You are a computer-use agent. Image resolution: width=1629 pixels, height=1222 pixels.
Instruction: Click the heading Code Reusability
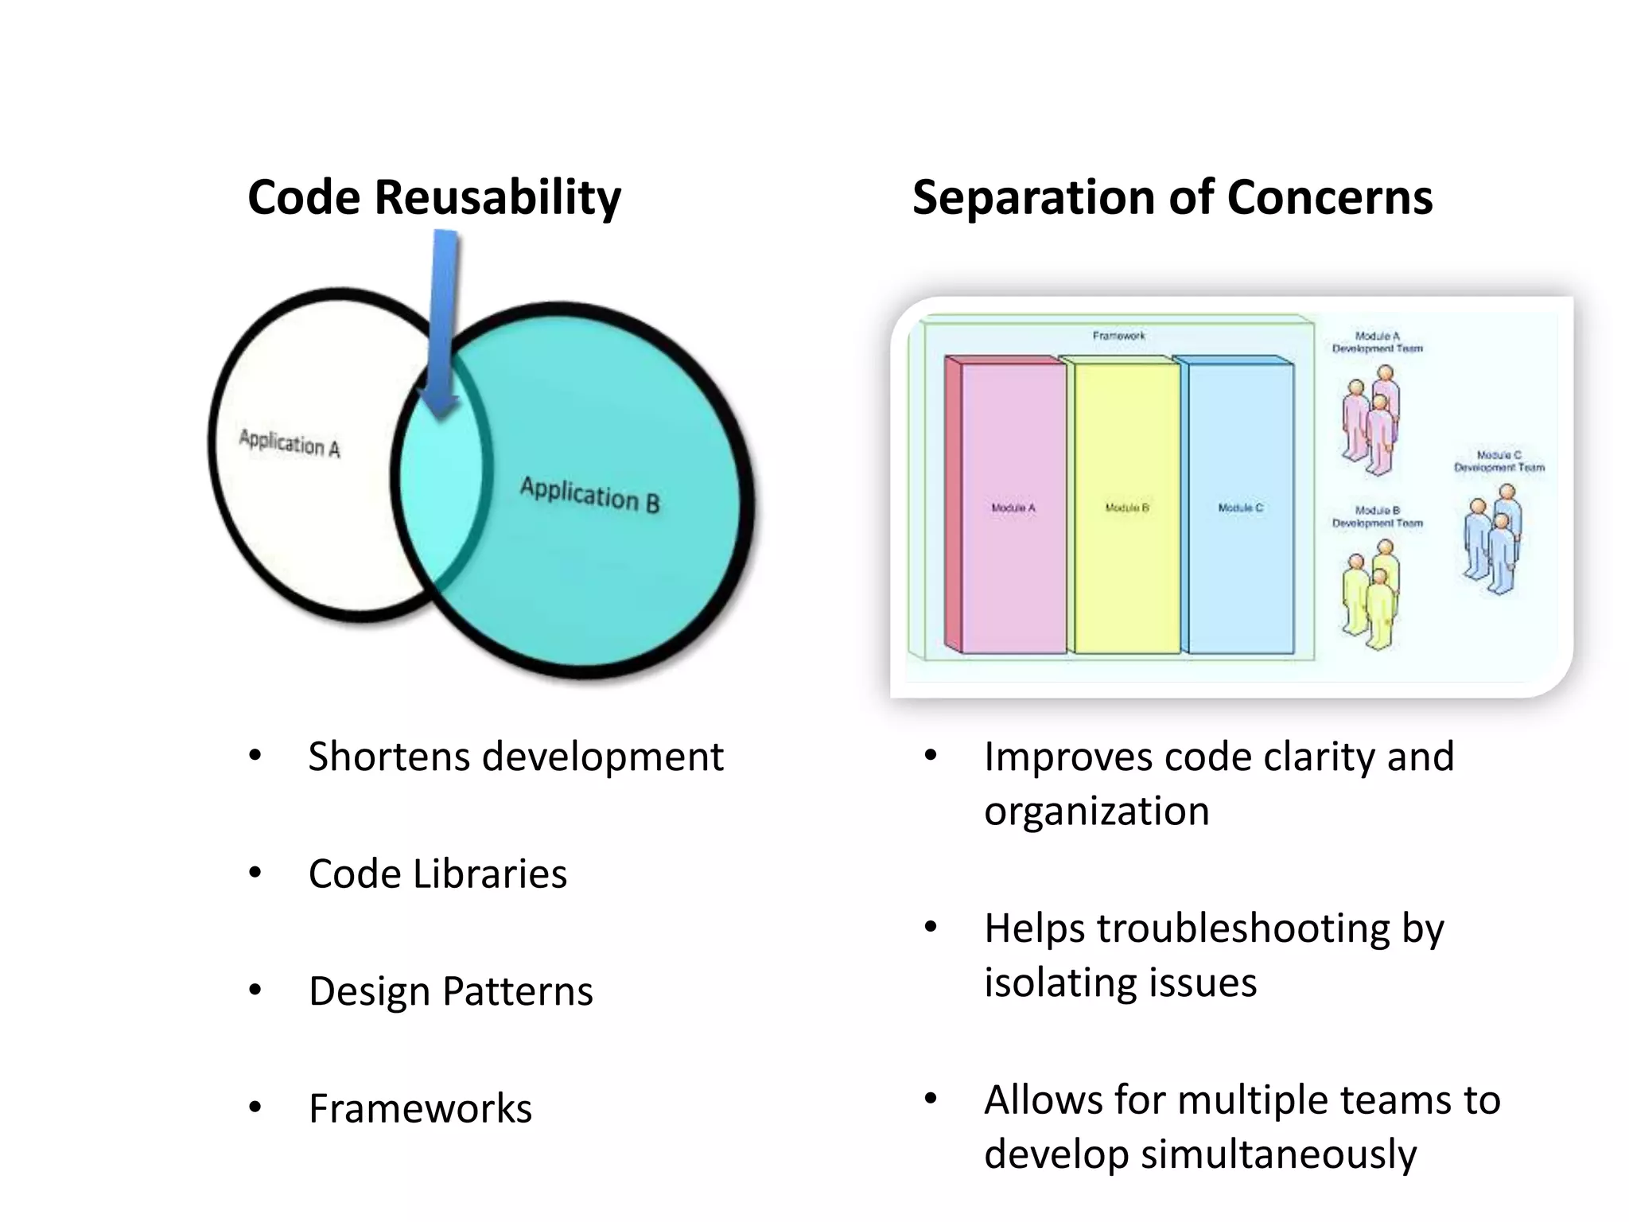pyautogui.click(x=433, y=197)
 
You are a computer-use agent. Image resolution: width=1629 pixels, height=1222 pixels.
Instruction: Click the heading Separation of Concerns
pyautogui.click(x=1172, y=197)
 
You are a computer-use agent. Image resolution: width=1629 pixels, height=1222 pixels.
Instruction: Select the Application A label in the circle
pyautogui.click(x=290, y=443)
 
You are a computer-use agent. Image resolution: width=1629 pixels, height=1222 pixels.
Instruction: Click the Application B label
pyautogui.click(x=589, y=495)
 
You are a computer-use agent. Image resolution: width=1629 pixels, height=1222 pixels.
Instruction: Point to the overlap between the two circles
pyautogui.click(x=440, y=493)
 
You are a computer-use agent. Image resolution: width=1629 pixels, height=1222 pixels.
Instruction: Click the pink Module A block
pyautogui.click(x=1013, y=508)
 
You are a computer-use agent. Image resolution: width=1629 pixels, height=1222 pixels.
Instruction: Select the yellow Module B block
pyautogui.click(x=1126, y=508)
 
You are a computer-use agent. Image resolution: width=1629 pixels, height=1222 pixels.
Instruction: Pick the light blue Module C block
pyautogui.click(x=1240, y=508)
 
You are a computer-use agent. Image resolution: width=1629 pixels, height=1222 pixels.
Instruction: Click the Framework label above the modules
pyautogui.click(x=1118, y=336)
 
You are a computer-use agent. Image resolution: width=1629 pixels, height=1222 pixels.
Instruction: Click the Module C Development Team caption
pyautogui.click(x=1499, y=461)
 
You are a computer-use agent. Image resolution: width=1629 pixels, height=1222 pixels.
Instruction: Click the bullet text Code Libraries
pyautogui.click(x=437, y=874)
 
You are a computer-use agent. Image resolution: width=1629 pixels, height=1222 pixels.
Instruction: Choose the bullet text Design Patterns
pyautogui.click(x=450, y=991)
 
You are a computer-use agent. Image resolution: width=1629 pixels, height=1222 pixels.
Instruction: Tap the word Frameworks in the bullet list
pyautogui.click(x=420, y=1108)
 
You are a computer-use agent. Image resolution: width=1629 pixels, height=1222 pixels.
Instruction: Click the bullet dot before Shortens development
pyautogui.click(x=255, y=756)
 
